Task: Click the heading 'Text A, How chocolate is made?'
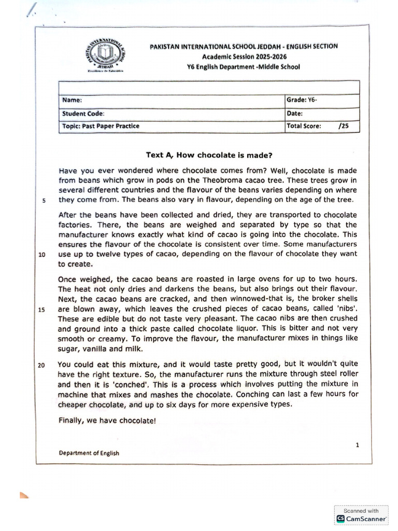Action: [209, 155]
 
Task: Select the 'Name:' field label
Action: [72, 100]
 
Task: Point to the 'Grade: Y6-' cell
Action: [301, 100]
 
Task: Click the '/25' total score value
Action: [343, 125]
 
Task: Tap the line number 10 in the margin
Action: [42, 255]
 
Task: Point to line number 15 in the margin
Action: [42, 310]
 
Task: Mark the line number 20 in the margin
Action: [42, 365]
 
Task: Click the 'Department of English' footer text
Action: [89, 453]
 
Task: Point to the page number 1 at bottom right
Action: [357, 444]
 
